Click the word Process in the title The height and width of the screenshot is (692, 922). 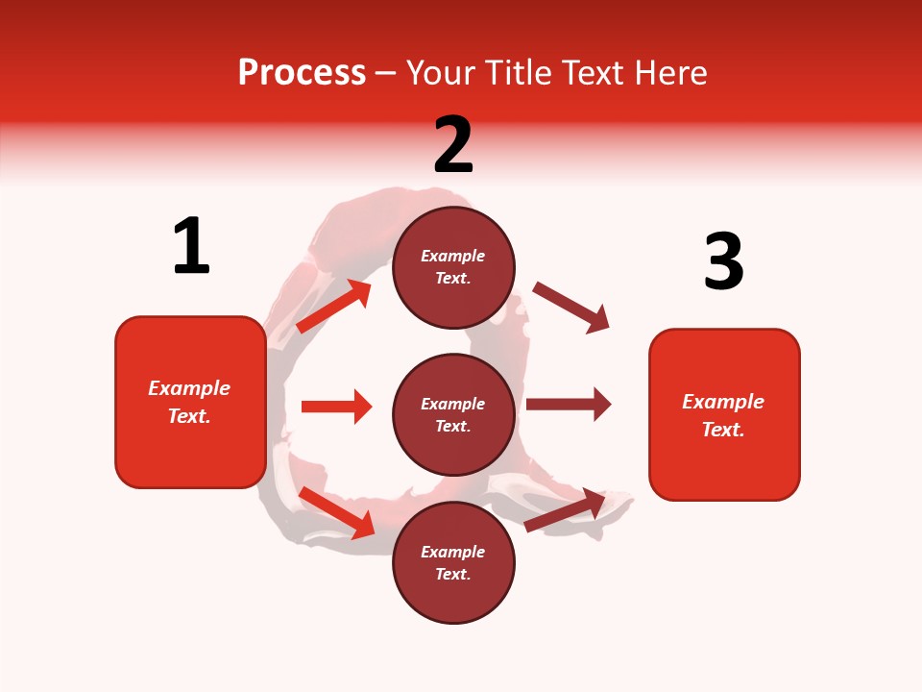[302, 72]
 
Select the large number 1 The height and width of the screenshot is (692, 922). [191, 246]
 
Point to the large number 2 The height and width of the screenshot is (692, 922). [453, 145]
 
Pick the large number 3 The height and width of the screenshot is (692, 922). [723, 262]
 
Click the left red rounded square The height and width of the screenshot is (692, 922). [190, 402]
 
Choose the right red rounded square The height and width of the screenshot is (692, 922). [724, 414]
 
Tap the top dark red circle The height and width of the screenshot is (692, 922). [453, 267]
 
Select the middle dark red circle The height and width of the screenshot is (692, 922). [453, 414]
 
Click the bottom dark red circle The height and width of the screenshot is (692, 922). [453, 562]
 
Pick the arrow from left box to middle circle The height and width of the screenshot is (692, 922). [336, 407]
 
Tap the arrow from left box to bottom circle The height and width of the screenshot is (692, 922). [337, 511]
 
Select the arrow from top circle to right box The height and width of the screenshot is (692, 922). [570, 308]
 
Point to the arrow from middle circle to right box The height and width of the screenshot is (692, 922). [569, 405]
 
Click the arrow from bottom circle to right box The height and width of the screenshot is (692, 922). [566, 509]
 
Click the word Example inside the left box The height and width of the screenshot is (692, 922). [189, 388]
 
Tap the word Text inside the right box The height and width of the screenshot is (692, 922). [722, 430]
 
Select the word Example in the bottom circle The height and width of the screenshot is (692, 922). [453, 552]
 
